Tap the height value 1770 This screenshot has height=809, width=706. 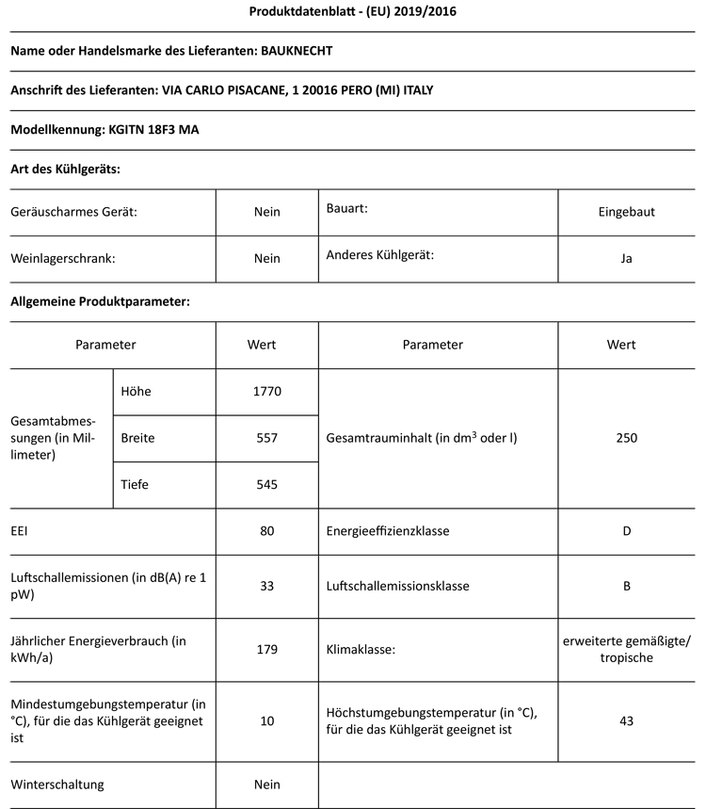(267, 391)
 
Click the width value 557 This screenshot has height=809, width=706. (267, 438)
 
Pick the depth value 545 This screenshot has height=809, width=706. (267, 485)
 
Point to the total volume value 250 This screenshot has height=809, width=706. (627, 438)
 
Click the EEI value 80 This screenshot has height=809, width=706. (267, 531)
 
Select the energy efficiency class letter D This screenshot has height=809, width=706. (627, 531)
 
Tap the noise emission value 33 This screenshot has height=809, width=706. (267, 586)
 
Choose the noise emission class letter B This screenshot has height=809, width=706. (627, 586)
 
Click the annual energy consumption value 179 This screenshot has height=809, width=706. (267, 649)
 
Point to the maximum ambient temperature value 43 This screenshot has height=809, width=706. (627, 720)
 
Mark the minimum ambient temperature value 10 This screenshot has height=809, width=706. (267, 720)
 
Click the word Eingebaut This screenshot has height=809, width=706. (627, 212)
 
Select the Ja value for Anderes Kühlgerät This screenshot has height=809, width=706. (627, 258)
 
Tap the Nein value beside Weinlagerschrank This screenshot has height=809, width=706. (267, 258)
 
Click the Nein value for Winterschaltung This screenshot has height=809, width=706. (267, 784)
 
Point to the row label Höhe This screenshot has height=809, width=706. (136, 391)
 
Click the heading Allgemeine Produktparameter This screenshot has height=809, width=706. (101, 302)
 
